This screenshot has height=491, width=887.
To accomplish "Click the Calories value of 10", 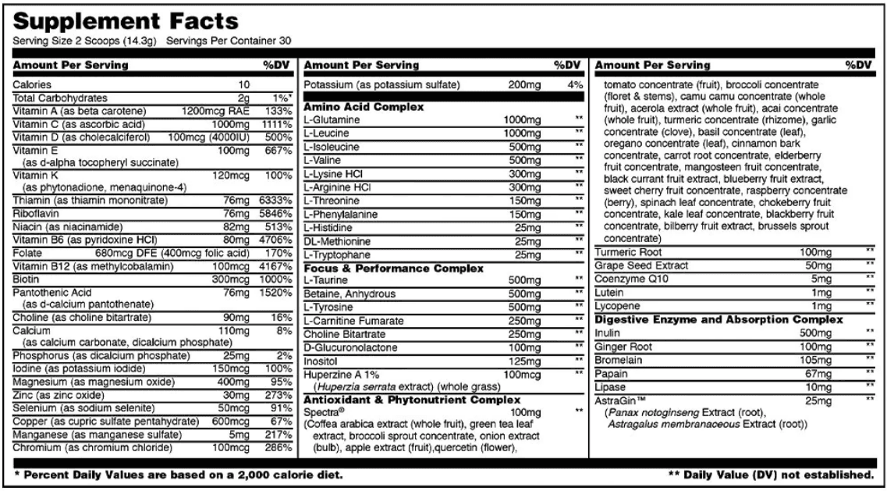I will [x=244, y=84].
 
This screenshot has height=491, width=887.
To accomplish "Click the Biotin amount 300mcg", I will [x=232, y=277].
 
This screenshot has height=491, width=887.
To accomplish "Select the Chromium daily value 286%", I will [x=278, y=450].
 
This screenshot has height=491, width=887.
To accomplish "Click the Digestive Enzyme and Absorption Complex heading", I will [x=720, y=319].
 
